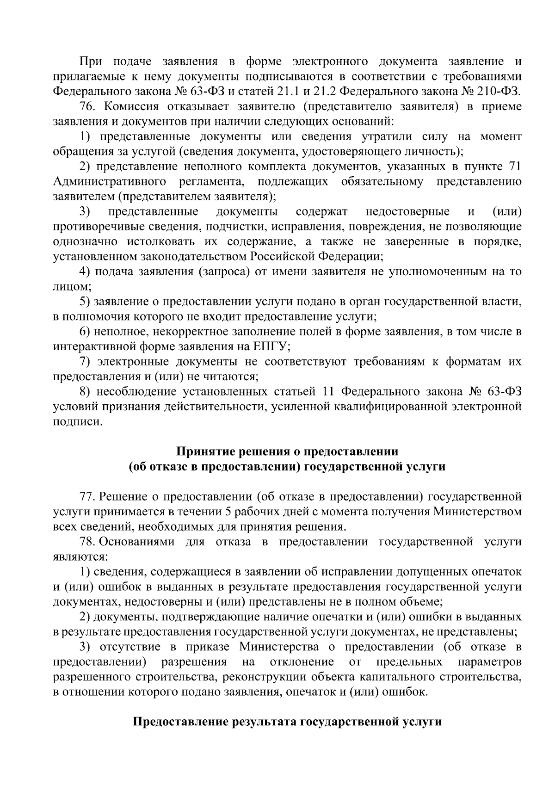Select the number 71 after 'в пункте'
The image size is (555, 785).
click(515, 167)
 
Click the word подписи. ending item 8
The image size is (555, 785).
click(77, 422)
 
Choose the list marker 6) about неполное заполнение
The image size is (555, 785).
click(84, 332)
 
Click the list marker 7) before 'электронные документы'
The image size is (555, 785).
click(84, 362)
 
